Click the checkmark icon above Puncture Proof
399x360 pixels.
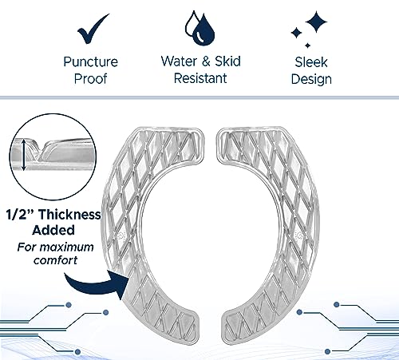click(x=91, y=30)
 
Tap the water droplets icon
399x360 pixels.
click(x=199, y=28)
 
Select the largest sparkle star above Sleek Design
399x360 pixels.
click(x=316, y=22)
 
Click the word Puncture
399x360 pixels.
click(x=90, y=61)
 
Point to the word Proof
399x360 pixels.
click(x=90, y=79)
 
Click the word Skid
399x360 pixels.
click(x=227, y=61)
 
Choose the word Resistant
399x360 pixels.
click(x=200, y=78)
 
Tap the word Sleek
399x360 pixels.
click(x=311, y=62)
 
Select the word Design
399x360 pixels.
click(x=311, y=79)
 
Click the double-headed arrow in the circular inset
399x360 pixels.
click(x=24, y=155)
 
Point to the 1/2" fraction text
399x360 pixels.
click(x=21, y=215)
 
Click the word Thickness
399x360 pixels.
click(x=69, y=215)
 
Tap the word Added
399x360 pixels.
click(x=53, y=230)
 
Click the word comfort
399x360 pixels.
click(x=55, y=260)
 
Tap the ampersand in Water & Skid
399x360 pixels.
click(x=206, y=61)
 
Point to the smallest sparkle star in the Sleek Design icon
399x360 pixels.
click(x=308, y=45)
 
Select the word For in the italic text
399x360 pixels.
click(x=26, y=247)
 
